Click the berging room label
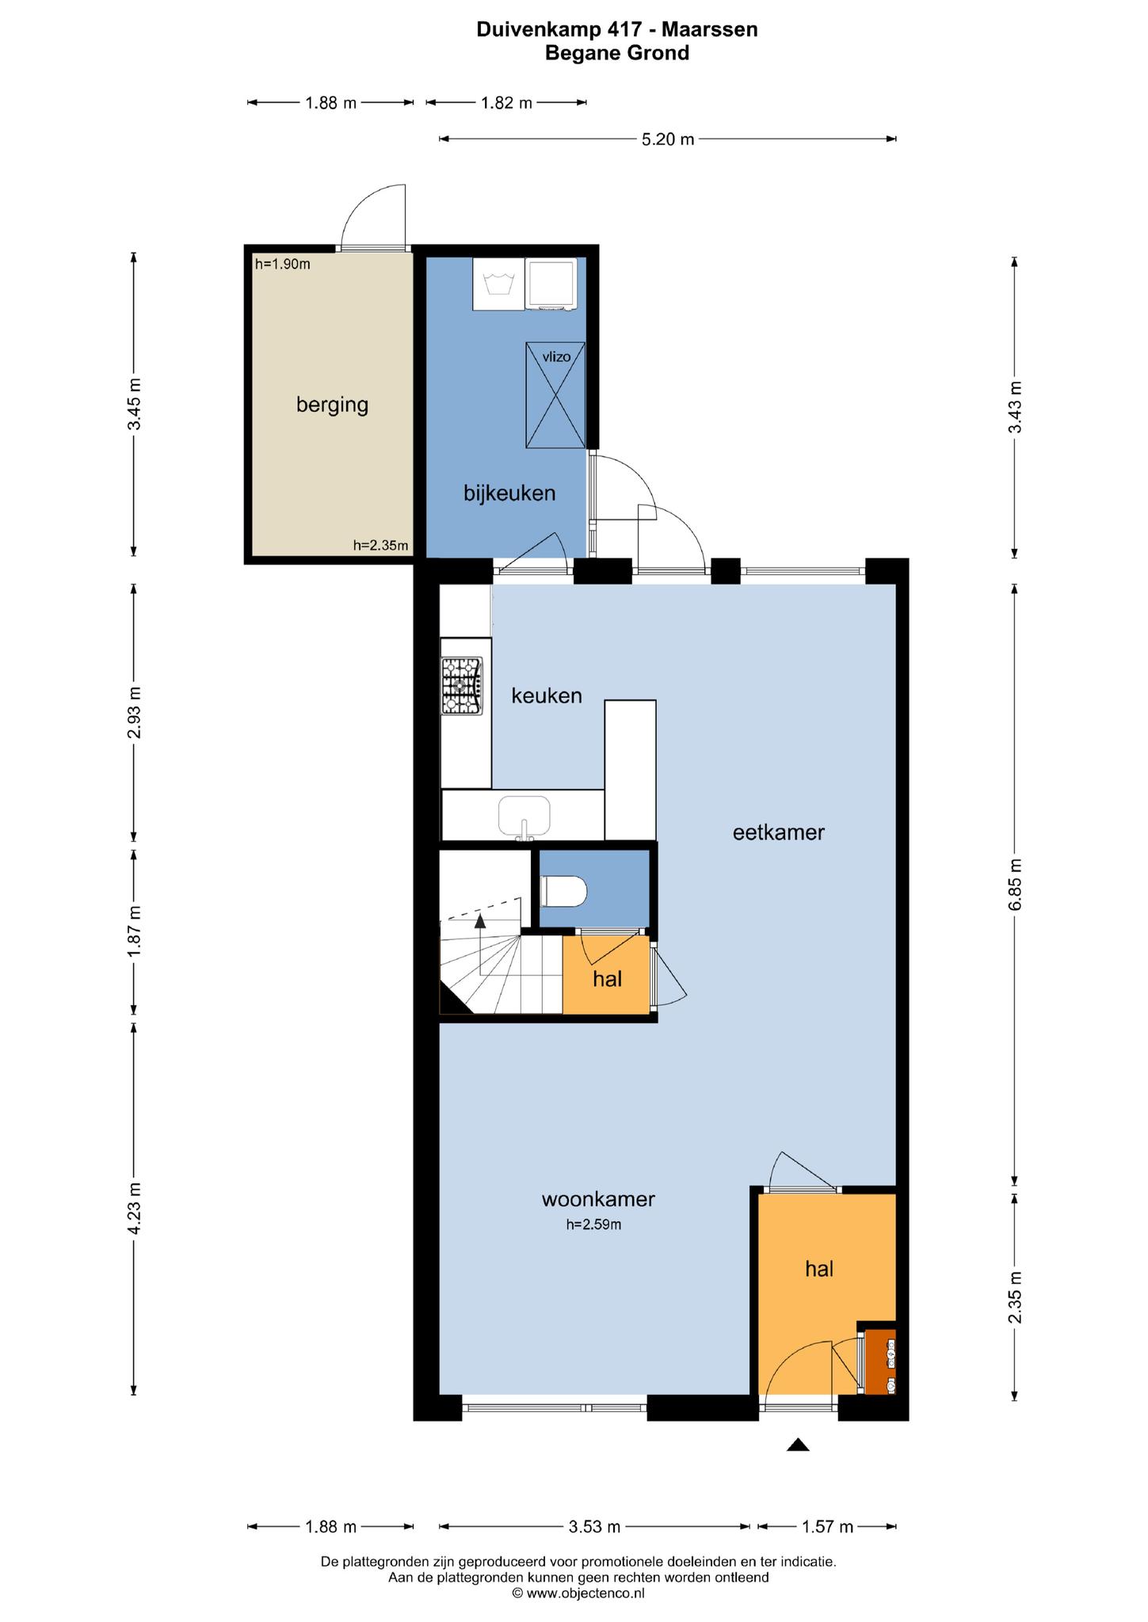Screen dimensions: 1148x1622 coord(332,405)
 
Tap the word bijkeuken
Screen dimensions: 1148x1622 coord(509,493)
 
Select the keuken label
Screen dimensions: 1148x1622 coord(547,696)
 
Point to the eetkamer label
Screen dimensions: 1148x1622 coord(779,832)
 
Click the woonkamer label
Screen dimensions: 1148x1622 coord(598,1199)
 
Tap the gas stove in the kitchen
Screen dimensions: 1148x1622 coord(462,687)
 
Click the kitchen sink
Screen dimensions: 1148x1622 coord(524,817)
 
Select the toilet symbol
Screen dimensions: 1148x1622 coord(563,892)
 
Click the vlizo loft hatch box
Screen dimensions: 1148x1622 coord(555,394)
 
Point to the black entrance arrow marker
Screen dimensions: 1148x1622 coord(798,1445)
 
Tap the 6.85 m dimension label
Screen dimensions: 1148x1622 coord(1015,885)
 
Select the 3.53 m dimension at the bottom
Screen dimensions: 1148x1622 coord(594,1526)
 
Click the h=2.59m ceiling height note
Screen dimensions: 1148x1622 coord(593,1224)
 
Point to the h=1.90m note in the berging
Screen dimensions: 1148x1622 coord(283,265)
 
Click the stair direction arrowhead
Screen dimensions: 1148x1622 coord(480,920)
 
